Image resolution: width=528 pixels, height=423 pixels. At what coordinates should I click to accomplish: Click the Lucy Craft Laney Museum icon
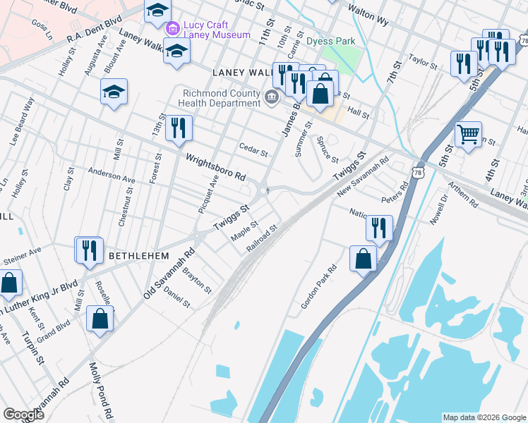coord(172,29)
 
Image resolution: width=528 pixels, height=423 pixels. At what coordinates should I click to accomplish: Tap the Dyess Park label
coord(332,41)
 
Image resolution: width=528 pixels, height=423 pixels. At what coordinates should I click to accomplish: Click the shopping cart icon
coord(469,133)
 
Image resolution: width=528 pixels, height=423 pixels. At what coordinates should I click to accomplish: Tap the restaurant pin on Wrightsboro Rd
coord(179,128)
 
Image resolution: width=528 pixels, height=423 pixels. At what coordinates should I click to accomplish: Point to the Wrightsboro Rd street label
coord(215,166)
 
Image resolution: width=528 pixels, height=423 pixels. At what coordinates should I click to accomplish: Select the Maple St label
coord(245,231)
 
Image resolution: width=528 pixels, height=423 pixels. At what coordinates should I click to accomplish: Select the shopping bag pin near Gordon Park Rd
coord(363,258)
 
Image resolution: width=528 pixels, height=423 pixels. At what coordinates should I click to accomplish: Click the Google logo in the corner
coord(24,414)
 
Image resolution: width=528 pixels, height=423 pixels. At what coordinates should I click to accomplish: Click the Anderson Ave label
coord(111,176)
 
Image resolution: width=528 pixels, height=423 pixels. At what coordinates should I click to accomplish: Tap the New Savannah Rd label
coord(363,176)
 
